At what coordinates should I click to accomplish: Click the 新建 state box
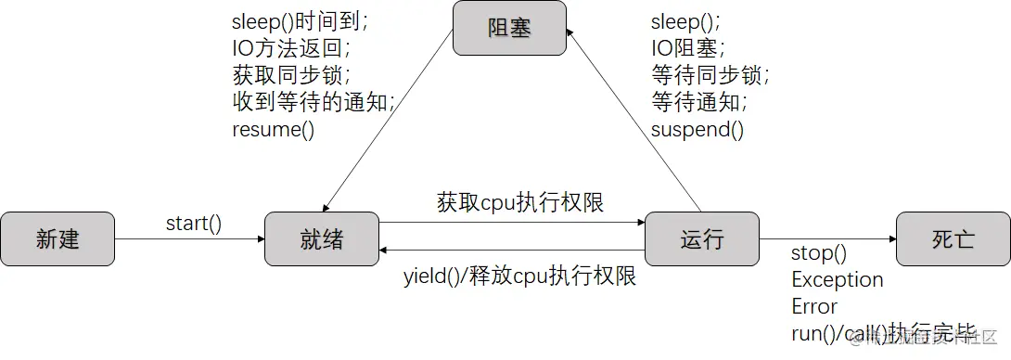click(x=58, y=239)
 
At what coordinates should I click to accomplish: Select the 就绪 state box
click(x=322, y=239)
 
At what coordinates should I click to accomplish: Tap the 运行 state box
click(x=701, y=239)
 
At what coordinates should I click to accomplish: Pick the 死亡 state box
click(x=953, y=239)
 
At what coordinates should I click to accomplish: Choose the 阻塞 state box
click(x=509, y=28)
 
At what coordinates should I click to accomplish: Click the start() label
click(x=194, y=223)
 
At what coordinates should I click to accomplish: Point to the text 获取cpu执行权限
click(x=520, y=202)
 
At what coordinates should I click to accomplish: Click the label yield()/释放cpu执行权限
click(x=519, y=276)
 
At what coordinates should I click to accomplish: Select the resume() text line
click(x=273, y=129)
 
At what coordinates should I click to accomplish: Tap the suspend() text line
click(x=697, y=129)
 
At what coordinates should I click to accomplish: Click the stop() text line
click(x=819, y=253)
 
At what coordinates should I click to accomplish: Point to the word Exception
click(x=837, y=279)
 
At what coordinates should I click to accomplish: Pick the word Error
click(x=814, y=306)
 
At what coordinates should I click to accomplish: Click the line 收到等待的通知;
click(x=314, y=102)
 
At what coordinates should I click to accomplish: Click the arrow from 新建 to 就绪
click(x=189, y=239)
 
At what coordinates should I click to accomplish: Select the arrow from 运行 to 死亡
click(x=827, y=239)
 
